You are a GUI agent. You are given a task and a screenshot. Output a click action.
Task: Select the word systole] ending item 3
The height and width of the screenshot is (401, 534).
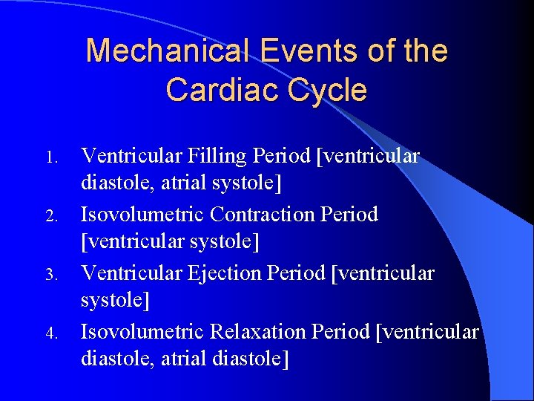[115, 300]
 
